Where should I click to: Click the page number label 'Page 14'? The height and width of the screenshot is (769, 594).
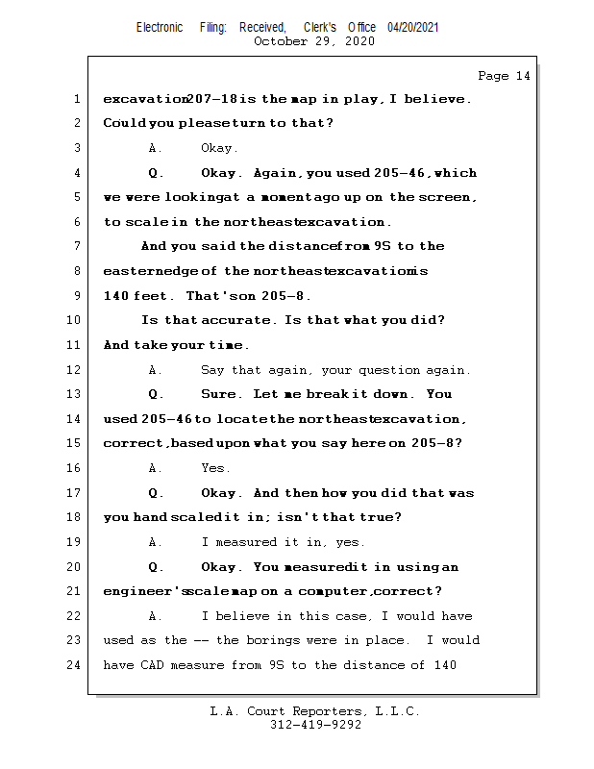point(504,76)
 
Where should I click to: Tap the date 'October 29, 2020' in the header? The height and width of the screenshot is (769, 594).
point(314,40)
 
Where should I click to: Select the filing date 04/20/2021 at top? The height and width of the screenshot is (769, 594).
point(413,27)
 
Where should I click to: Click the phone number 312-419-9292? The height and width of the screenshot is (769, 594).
point(315,725)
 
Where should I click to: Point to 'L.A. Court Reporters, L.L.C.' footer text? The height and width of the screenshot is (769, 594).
point(315,711)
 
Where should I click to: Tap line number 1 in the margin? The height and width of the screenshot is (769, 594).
point(75,99)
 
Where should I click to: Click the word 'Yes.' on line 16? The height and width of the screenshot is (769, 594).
point(215,468)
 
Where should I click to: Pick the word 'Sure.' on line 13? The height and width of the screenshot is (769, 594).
point(217,394)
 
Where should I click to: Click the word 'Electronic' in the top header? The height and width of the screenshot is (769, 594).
point(160,27)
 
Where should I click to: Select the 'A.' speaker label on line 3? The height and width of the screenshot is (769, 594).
point(155,148)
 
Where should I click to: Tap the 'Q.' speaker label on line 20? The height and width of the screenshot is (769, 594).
point(155,567)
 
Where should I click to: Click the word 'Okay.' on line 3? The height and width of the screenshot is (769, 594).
point(219,148)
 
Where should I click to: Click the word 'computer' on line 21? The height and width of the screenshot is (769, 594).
point(358,591)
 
